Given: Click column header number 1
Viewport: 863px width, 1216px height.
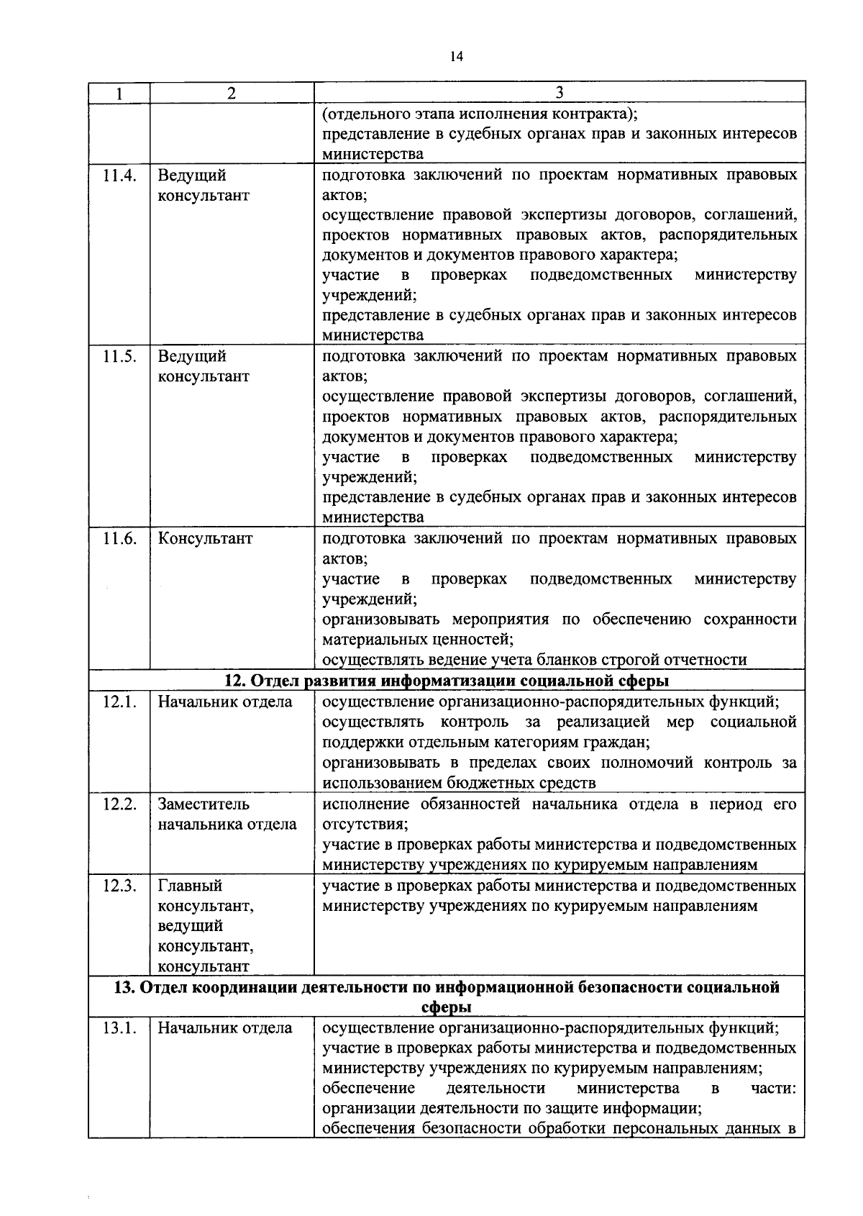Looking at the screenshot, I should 119,93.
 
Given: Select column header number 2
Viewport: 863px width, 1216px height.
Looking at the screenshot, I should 231,93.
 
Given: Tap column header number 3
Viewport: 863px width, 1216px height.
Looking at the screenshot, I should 559,93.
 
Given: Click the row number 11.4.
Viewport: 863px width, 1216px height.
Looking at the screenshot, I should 119,176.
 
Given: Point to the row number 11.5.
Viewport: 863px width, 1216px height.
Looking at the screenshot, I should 119,357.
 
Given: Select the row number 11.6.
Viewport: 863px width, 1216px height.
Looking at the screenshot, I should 119,539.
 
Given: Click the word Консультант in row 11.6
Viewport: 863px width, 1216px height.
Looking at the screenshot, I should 206,539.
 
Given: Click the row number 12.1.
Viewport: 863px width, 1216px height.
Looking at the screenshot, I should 119,702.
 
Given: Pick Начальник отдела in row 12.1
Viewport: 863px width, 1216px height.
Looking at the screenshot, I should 225,702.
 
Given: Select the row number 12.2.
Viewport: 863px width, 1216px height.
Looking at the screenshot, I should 119,804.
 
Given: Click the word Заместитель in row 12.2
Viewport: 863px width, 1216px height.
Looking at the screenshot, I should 204,804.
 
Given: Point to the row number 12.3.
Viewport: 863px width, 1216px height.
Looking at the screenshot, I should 119,886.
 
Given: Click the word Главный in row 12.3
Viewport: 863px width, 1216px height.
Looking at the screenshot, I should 190,886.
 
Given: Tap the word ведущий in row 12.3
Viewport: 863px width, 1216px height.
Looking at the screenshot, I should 191,926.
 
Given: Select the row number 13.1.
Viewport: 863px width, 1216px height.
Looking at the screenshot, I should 119,1028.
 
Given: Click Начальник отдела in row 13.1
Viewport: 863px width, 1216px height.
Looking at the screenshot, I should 225,1028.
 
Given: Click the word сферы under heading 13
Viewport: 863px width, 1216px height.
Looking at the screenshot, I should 446,1007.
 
